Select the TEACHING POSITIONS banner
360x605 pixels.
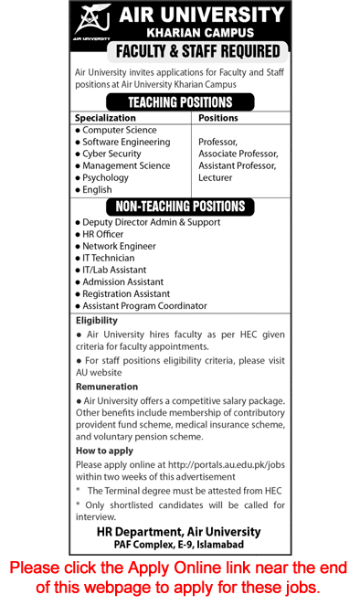pos(180,102)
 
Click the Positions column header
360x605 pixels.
pos(217,118)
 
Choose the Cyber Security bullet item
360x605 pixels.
pos(111,154)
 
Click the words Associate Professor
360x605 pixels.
pos(238,154)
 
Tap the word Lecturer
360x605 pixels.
pos(216,178)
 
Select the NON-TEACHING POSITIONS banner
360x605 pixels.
pos(180,207)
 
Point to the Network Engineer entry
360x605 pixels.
pos(119,247)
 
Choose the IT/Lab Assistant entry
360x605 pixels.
pos(114,271)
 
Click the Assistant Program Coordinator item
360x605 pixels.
pos(144,306)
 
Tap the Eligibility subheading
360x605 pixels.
pos(97,321)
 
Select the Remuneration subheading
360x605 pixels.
pos(107,387)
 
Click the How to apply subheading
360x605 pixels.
pos(103,451)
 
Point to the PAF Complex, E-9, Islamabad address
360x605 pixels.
pos(179,546)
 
